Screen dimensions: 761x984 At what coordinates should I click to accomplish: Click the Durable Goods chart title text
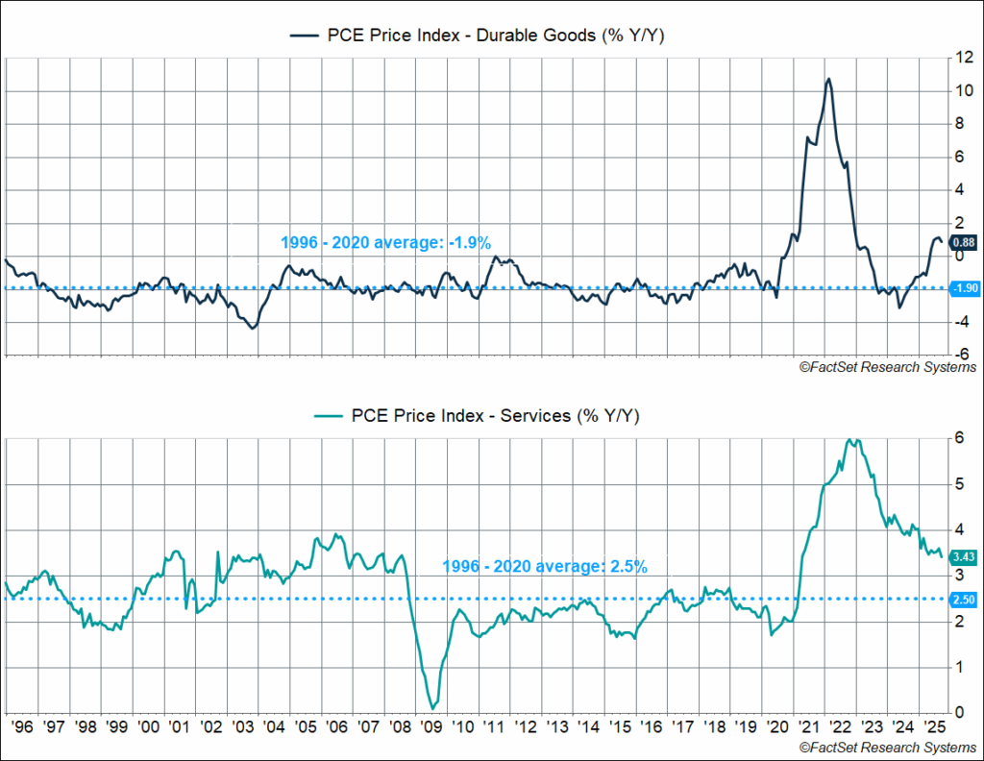click(x=491, y=36)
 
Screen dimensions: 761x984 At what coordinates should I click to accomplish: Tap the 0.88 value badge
click(x=963, y=242)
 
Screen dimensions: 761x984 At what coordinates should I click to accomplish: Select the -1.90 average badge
click(x=963, y=288)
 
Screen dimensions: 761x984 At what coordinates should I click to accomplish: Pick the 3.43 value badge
click(x=963, y=556)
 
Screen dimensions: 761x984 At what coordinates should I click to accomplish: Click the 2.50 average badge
click(x=963, y=600)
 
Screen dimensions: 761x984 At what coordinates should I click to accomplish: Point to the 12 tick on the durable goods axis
click(x=957, y=58)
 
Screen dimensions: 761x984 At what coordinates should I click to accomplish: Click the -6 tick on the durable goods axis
click(x=957, y=355)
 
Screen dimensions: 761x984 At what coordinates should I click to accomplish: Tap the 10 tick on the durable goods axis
click(x=957, y=90)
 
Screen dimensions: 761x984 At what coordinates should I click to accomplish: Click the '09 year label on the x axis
click(x=432, y=728)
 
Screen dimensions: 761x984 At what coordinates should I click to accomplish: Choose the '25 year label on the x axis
click(x=932, y=728)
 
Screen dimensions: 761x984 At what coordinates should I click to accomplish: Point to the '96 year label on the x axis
click(x=24, y=728)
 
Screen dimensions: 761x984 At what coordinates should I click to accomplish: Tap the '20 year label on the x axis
click(x=776, y=728)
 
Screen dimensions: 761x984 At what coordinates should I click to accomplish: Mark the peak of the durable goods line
click(x=828, y=79)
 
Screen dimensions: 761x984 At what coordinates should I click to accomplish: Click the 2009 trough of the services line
click(x=434, y=707)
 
